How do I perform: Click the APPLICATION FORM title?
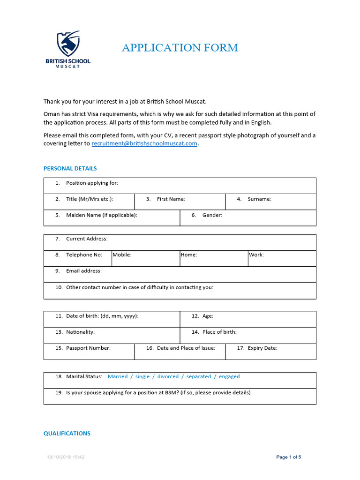point(180,47)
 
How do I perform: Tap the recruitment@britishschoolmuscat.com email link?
point(144,144)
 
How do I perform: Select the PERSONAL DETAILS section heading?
point(70,168)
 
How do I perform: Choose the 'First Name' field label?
point(171,199)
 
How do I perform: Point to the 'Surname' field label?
point(259,199)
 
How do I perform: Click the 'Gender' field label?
point(212,215)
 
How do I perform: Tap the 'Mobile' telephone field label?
point(122,255)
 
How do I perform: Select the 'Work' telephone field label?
point(256,255)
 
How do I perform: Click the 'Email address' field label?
point(83,271)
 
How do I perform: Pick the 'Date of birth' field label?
point(102,316)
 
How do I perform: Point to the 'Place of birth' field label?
point(219,332)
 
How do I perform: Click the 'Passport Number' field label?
point(88,348)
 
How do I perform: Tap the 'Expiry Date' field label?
point(262,348)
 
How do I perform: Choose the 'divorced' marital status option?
point(168,376)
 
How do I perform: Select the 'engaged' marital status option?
point(229,376)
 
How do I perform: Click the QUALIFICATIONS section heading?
point(67,434)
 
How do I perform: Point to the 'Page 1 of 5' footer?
point(289,457)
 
